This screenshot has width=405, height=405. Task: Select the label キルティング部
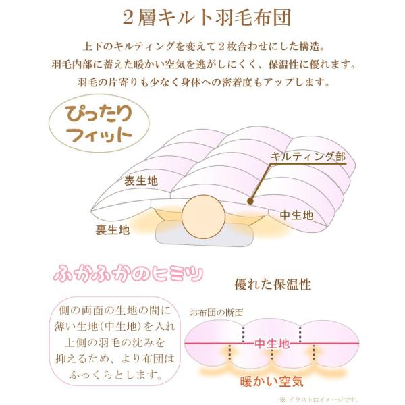(x=308, y=157)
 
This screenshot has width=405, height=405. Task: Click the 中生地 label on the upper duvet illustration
(x=297, y=215)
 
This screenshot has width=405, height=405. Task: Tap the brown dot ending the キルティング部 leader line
(x=250, y=200)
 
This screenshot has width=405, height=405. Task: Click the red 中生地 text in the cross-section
(x=273, y=344)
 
